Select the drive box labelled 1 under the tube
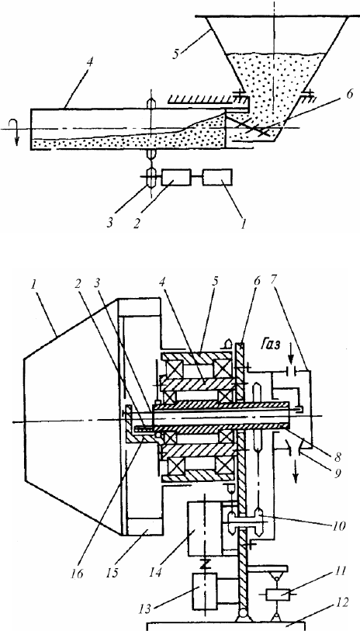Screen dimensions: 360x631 pos(217,177)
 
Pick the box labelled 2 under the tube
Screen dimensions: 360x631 pos(176,177)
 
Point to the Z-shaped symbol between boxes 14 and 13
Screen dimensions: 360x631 pos(205,564)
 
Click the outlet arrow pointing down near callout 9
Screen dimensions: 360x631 pos(296,476)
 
